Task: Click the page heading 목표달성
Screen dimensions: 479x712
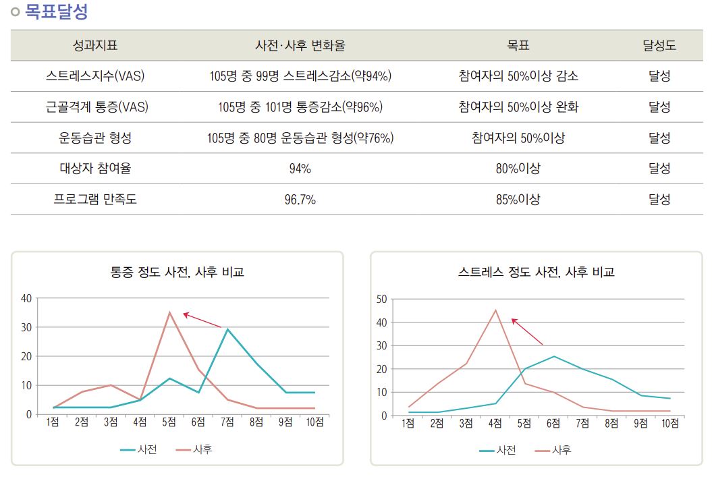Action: point(56,11)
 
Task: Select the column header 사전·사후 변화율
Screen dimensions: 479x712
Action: point(300,46)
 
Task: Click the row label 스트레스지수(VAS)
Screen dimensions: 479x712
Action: point(95,76)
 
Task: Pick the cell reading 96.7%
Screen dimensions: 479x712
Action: point(300,200)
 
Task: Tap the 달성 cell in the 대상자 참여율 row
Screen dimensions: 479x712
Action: point(659,169)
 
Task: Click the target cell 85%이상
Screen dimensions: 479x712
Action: point(518,200)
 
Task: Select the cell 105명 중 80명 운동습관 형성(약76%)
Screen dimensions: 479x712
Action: point(300,138)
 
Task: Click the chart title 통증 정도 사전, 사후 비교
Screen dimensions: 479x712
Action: point(177,273)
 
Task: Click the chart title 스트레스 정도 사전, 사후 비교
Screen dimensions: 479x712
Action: point(536,273)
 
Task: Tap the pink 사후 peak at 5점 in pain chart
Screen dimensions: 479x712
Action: point(169,312)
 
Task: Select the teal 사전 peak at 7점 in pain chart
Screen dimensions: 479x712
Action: point(227,329)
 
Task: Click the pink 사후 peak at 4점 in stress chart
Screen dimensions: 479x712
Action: point(495,310)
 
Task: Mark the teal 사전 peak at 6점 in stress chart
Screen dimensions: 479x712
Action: point(553,356)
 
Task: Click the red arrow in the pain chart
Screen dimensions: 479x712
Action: point(202,320)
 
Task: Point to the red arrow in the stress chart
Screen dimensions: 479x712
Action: point(526,331)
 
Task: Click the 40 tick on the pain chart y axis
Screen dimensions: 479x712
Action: point(26,298)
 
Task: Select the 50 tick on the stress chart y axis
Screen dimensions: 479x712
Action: point(381,299)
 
